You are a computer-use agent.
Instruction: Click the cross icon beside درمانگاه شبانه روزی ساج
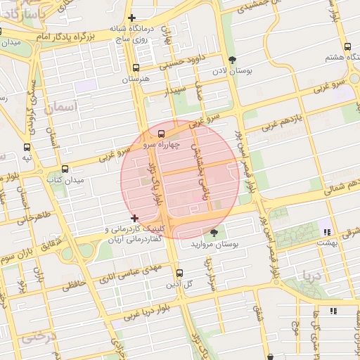click(132, 18)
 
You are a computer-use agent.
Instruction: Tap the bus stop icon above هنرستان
click(136, 68)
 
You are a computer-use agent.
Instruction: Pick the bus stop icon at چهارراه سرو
click(162, 134)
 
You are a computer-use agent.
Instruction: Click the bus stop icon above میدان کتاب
click(65, 169)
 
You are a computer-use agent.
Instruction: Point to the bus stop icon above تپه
click(27, 148)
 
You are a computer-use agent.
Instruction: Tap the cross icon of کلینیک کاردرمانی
click(134, 218)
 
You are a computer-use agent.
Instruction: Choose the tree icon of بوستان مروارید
click(214, 233)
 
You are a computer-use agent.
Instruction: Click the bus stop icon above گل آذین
click(179, 273)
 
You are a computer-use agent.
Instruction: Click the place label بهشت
click(327, 242)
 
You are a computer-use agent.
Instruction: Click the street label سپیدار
click(176, 91)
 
